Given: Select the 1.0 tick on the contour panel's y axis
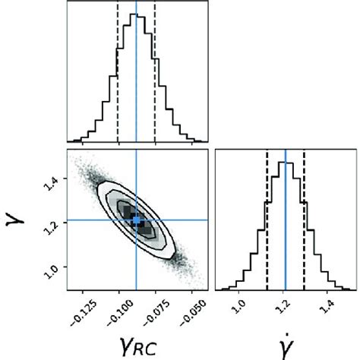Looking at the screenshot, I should pos(55,267).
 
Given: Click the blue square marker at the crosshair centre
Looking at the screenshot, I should pos(137,220).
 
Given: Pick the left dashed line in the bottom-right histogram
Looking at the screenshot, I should pos(267,220).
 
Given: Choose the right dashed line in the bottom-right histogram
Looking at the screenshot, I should pos(304,220).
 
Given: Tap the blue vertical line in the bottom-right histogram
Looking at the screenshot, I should pos(286,220).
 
